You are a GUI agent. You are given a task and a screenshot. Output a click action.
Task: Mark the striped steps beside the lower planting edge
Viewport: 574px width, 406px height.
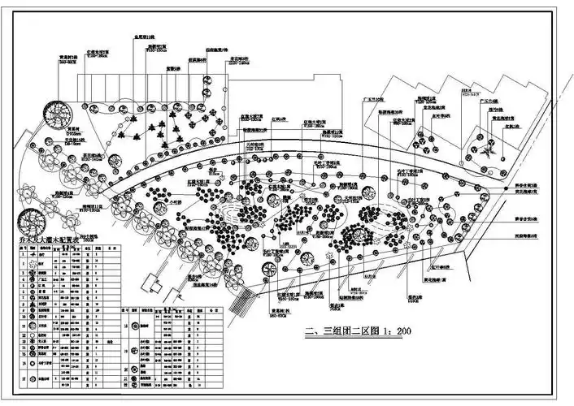coord(238,304)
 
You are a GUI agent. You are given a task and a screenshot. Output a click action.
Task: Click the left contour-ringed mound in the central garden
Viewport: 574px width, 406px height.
coord(236,218)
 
